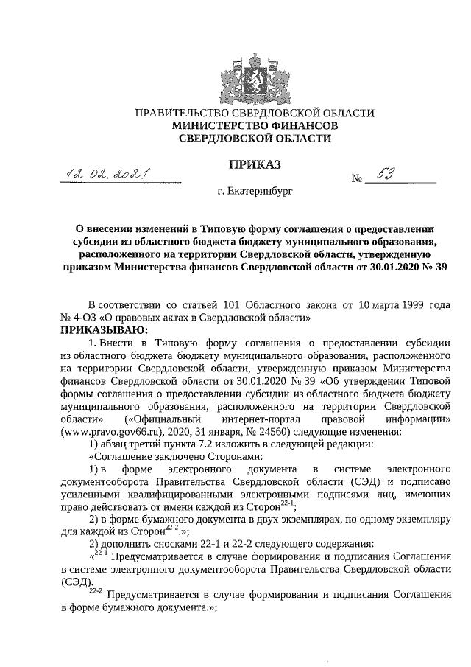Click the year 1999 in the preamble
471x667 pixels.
pyautogui.click(x=407, y=305)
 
